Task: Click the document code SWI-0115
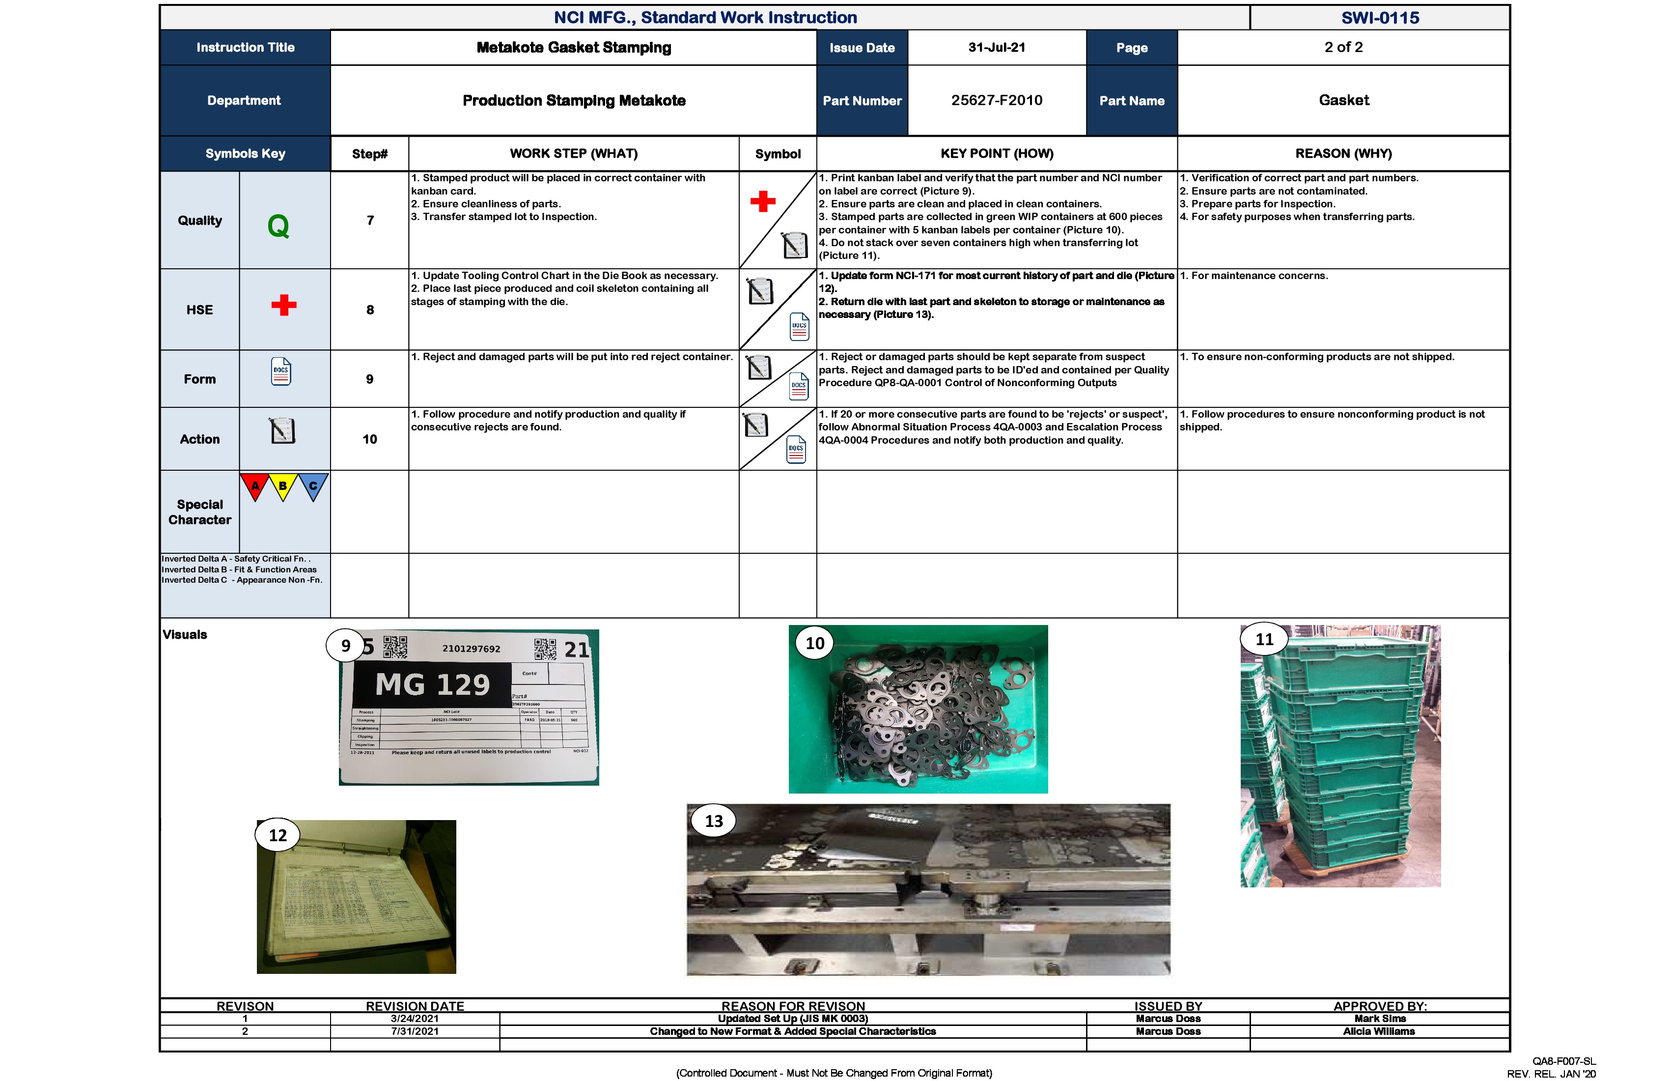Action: (1380, 18)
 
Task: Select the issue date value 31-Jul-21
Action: (997, 47)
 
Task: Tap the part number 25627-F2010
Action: (997, 100)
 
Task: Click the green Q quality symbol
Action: (278, 226)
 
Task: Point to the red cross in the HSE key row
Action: (283, 305)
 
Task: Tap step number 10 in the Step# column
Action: (370, 439)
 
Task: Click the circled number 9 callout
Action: (345, 646)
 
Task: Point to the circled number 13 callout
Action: (714, 821)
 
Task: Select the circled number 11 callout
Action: (1264, 639)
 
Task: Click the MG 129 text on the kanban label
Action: (432, 684)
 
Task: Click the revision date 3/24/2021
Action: (415, 1019)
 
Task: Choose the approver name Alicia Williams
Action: (1379, 1031)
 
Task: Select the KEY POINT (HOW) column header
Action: (997, 153)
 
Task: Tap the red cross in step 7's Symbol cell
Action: (763, 201)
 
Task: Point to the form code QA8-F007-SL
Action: (1563, 1061)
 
